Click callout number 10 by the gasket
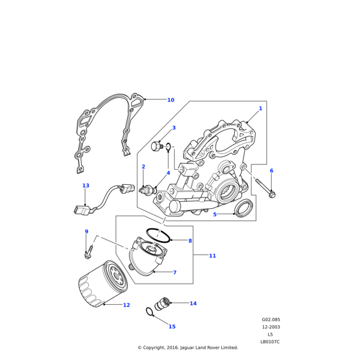coord(170,100)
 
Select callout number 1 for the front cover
coord(260,109)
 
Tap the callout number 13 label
coord(86,186)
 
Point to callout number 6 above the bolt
coord(271,171)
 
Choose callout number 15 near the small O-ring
coord(172,327)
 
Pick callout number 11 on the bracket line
coord(212,256)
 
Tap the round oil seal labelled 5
coord(243,209)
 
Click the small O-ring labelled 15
coord(149,311)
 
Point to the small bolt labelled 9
coord(89,251)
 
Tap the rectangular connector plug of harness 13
coord(80,210)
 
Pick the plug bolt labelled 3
coord(157,146)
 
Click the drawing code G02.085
coord(271,320)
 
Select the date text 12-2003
coord(271,327)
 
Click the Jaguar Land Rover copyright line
coord(188,347)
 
